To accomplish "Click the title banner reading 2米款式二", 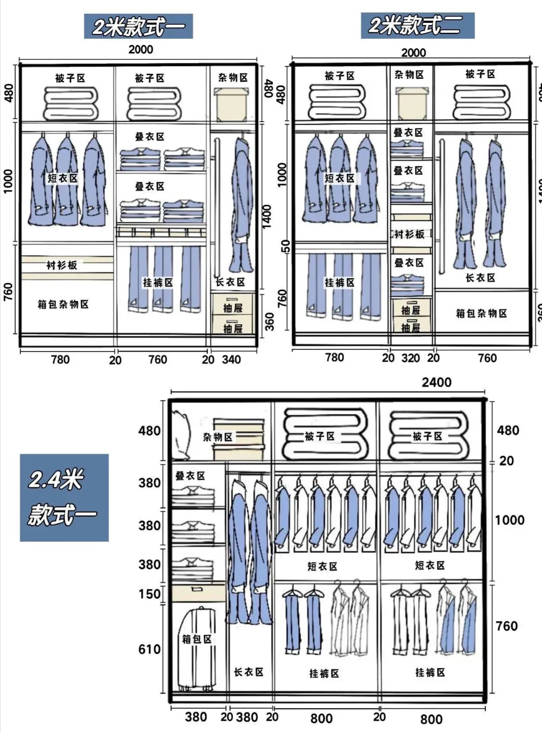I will pyautogui.click(x=417, y=25).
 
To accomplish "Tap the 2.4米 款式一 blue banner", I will pyautogui.click(x=64, y=497).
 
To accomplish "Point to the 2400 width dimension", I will pyautogui.click(x=436, y=382).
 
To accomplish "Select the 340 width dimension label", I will pyautogui.click(x=231, y=360).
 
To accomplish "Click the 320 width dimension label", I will pyautogui.click(x=411, y=358).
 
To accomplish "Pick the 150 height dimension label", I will pyautogui.click(x=149, y=594).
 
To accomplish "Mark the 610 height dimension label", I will pyautogui.click(x=149, y=649).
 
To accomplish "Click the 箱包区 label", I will pyautogui.click(x=196, y=639).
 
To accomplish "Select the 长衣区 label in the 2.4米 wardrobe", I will pyautogui.click(x=249, y=672).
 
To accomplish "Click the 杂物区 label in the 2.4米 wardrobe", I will pyautogui.click(x=218, y=437).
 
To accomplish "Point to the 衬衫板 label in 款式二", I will pyautogui.click(x=410, y=234).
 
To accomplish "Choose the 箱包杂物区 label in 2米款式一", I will pyautogui.click(x=63, y=304).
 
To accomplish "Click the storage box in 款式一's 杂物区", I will pyautogui.click(x=232, y=104).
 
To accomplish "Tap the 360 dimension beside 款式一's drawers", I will pyautogui.click(x=269, y=322).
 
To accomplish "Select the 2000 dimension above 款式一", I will pyautogui.click(x=140, y=50).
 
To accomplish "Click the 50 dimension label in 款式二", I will pyautogui.click(x=286, y=246).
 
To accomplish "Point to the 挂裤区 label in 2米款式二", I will pyautogui.click(x=340, y=283).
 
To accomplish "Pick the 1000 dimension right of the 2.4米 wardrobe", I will pyautogui.click(x=509, y=520).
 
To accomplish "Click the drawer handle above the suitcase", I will pyautogui.click(x=197, y=589).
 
